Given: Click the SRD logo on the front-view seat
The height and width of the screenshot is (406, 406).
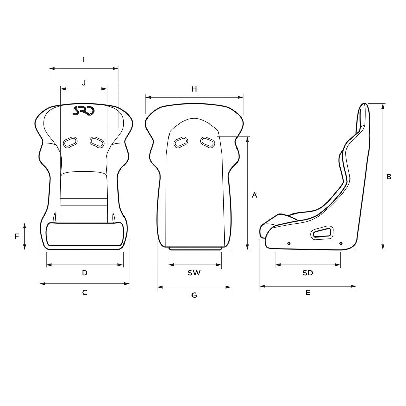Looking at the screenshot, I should click(x=84, y=111).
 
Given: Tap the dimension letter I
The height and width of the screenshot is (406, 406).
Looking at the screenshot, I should click(x=84, y=60).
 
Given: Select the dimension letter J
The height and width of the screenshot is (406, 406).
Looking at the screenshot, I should click(x=84, y=82).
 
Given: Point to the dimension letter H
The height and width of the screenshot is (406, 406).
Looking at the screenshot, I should click(x=194, y=89).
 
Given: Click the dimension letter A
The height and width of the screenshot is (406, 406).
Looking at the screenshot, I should click(x=255, y=195).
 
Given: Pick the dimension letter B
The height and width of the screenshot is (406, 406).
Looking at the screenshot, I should click(x=389, y=176).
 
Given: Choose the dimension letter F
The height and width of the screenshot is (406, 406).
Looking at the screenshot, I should click(x=17, y=236).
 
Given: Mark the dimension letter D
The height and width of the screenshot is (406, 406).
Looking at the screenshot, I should click(x=85, y=273).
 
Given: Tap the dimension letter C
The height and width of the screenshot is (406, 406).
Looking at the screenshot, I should click(x=85, y=292).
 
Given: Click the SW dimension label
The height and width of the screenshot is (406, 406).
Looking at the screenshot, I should click(x=194, y=273).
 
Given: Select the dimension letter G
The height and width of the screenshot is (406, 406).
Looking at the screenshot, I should click(x=194, y=295).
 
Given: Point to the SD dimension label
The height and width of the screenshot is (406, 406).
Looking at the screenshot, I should click(x=308, y=273).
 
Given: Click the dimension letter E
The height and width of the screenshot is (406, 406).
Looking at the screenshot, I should click(x=308, y=293).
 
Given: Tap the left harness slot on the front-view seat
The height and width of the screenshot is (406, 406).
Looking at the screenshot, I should click(x=70, y=142).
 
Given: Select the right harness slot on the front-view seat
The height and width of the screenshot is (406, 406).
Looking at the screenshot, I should click(x=97, y=142).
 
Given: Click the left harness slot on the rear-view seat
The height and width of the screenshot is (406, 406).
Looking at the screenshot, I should click(x=181, y=142).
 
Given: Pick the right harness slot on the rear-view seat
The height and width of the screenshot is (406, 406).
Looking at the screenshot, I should click(x=207, y=142).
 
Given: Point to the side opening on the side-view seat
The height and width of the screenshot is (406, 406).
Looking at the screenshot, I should click(x=322, y=232).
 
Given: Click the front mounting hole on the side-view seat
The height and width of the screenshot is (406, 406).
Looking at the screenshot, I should click(x=289, y=243).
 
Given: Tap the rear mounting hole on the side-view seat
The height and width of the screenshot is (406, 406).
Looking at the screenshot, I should click(x=341, y=243).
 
